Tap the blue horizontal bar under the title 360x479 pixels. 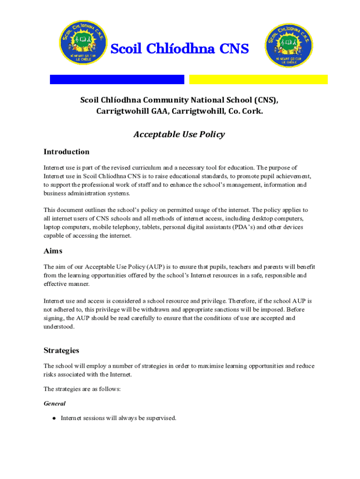click(117, 80)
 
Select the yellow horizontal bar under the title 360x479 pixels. click(259, 80)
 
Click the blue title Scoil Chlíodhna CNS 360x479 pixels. click(180, 49)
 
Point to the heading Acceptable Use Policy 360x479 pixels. click(179, 134)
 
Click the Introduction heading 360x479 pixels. click(66, 152)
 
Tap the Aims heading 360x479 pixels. click(53, 251)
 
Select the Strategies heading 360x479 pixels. click(61, 350)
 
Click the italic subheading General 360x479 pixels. click(54, 403)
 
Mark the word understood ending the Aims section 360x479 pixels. click(58, 327)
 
